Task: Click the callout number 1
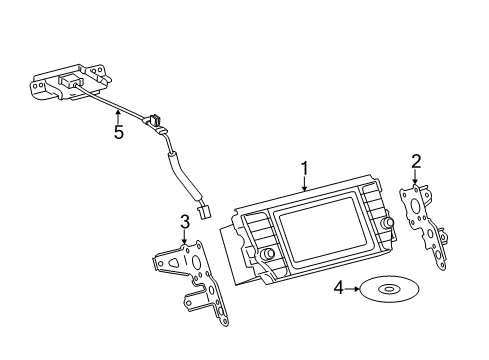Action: [x=304, y=168]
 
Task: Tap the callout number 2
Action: [x=416, y=162]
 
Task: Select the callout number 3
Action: [x=185, y=222]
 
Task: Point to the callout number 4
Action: [x=339, y=288]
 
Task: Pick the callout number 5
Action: [x=119, y=132]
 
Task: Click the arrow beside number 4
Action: [x=352, y=289]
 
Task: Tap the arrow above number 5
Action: [x=118, y=117]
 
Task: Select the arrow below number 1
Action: [x=304, y=184]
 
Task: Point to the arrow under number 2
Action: [x=415, y=177]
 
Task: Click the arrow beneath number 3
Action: [x=184, y=237]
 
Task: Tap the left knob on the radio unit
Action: [x=267, y=254]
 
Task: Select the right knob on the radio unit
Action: [x=389, y=222]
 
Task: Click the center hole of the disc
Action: [x=389, y=289]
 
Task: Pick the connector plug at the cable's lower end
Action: [x=204, y=212]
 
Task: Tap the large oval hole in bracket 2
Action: [x=416, y=206]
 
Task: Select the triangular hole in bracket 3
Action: [x=174, y=263]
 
